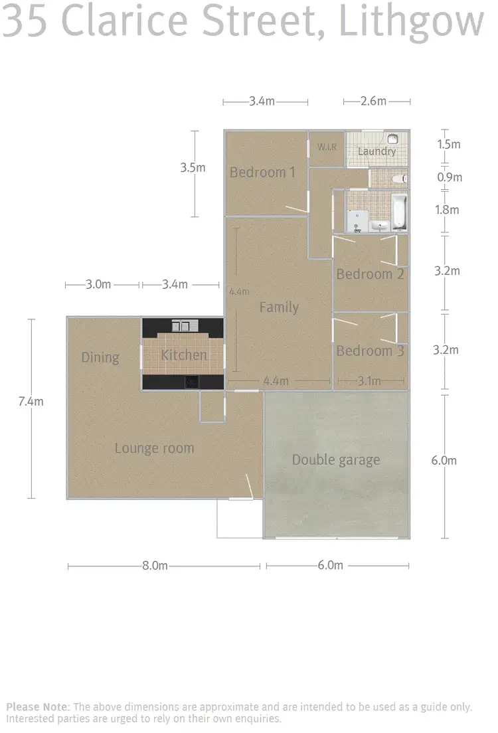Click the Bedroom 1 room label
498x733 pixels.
(x=262, y=173)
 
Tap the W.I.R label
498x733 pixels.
(x=326, y=147)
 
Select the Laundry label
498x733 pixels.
(x=376, y=151)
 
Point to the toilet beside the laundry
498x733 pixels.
(x=398, y=178)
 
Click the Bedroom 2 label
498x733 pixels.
(x=370, y=274)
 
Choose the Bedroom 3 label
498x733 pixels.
(x=370, y=351)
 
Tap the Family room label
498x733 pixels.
(x=279, y=307)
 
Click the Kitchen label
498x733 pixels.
(x=184, y=355)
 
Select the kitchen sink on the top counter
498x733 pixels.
(x=181, y=325)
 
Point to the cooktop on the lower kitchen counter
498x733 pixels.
(x=191, y=382)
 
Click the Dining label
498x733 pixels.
(x=100, y=358)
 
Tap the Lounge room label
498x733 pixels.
(x=154, y=448)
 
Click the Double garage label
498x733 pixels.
(x=336, y=459)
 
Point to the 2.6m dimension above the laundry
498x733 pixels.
(x=373, y=102)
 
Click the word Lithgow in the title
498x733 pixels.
(x=412, y=23)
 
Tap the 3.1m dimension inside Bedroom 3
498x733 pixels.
(x=369, y=381)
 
